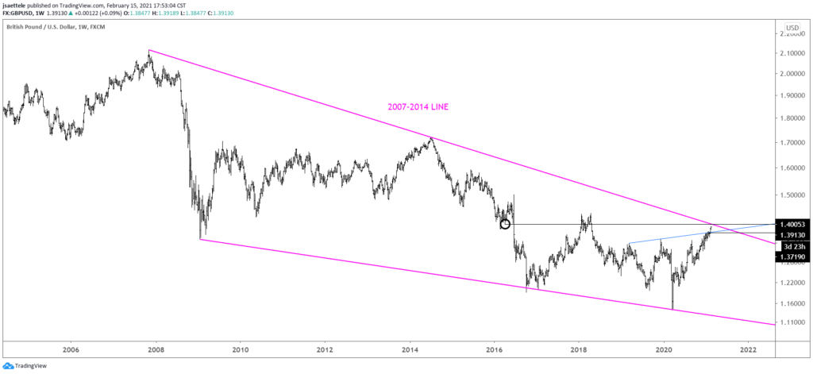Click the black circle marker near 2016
tap(505, 224)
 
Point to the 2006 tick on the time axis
tap(71, 349)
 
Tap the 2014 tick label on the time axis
tap(410, 349)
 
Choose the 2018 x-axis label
tap(579, 349)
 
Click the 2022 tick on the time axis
tap(747, 349)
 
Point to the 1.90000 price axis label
tap(795, 95)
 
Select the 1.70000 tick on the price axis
tap(795, 143)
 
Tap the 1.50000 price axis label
tap(795, 195)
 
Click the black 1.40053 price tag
tap(795, 225)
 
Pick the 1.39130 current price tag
tap(795, 235)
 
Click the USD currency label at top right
tap(794, 28)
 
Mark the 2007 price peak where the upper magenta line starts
tap(148, 52)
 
